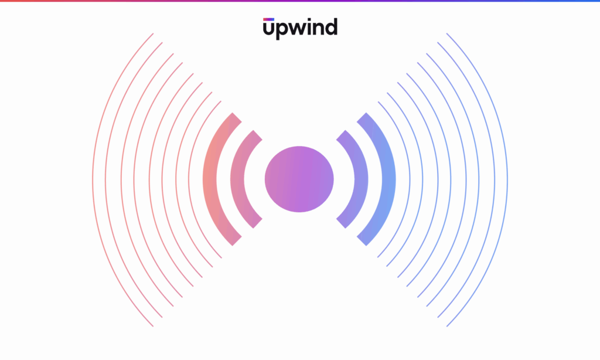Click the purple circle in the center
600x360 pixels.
coord(299,179)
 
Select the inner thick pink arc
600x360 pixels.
coord(237,179)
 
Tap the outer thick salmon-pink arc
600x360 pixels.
coord(210,179)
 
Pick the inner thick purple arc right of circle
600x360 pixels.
coord(361,179)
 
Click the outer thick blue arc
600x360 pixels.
coord(389,179)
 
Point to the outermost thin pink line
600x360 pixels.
coord(93,179)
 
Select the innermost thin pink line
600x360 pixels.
coord(189,179)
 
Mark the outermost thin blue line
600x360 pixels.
coord(507,179)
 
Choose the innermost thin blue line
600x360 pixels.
coord(410,179)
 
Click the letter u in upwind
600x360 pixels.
coord(268,29)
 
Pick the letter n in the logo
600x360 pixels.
coord(322,29)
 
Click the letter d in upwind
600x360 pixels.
coord(332,27)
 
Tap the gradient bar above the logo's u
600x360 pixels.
coord(268,19)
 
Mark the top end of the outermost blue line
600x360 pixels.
coord(447,33)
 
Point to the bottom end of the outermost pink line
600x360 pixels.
coord(153,327)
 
